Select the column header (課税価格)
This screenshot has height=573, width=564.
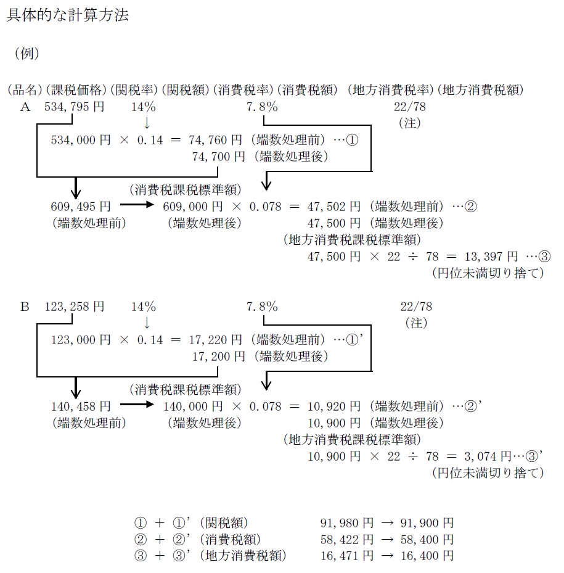(x=78, y=90)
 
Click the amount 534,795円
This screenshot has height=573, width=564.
(x=74, y=107)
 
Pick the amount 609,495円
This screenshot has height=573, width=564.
(x=81, y=206)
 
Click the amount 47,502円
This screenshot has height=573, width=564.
(x=334, y=206)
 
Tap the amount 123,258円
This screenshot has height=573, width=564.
(x=74, y=307)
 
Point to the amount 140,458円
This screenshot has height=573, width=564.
(x=81, y=406)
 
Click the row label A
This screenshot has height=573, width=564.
(x=25, y=107)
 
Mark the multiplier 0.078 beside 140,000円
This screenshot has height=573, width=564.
(x=265, y=406)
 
